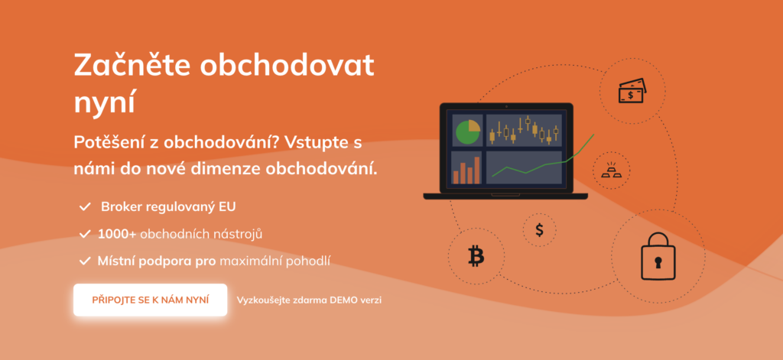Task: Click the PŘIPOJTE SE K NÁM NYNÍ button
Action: tap(151, 300)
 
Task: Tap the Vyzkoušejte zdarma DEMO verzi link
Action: tap(309, 300)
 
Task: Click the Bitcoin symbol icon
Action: tap(476, 256)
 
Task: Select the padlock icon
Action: tap(658, 256)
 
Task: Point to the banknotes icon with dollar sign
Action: tap(632, 91)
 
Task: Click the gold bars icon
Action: tap(612, 170)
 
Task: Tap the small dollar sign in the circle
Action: tap(539, 229)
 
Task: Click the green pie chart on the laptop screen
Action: tap(467, 131)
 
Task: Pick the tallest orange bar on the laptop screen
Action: tap(477, 170)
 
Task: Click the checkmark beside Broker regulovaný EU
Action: tap(84, 206)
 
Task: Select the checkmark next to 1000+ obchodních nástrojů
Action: tap(84, 234)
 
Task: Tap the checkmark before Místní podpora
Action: tap(84, 260)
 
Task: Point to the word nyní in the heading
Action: tap(105, 103)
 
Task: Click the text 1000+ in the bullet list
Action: tap(117, 234)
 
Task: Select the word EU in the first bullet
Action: tap(227, 206)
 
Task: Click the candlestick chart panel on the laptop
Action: tap(524, 130)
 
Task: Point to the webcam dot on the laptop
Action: tap(506, 106)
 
